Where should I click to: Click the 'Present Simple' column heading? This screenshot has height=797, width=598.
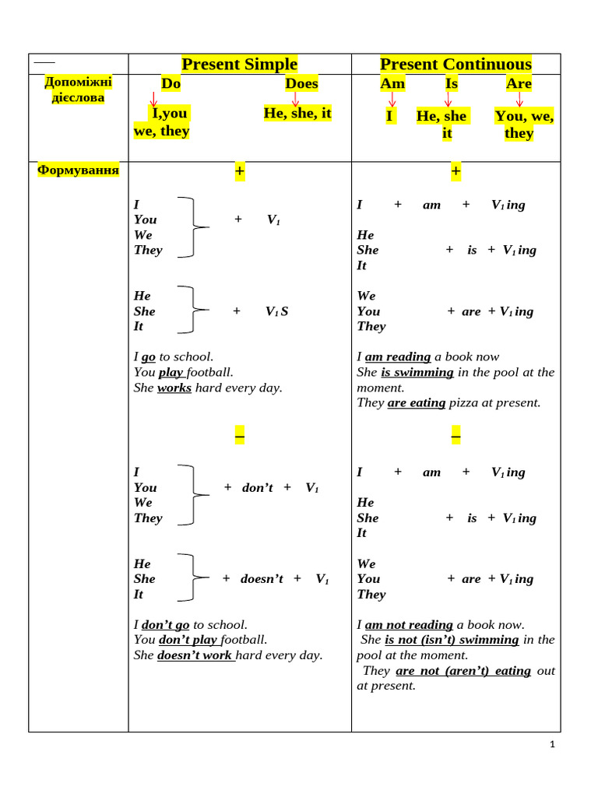pos(239,64)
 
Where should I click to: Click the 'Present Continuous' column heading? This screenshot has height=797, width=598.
pos(456,64)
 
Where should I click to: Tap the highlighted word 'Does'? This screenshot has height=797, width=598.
pos(301,83)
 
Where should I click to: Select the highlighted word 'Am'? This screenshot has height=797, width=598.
pos(392,83)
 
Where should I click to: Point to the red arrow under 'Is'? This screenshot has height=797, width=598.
pos(448,100)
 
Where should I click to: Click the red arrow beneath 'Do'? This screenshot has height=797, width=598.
pos(153,100)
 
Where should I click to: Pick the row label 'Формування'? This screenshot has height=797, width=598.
pos(79,170)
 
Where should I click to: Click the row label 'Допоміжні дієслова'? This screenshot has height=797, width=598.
pos(78,90)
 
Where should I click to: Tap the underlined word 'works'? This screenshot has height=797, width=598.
pos(174,388)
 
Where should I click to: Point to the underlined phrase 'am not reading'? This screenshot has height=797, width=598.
pos(409,624)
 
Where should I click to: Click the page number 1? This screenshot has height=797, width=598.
pos(552,745)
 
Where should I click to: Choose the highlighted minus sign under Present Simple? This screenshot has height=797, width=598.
pos(239,438)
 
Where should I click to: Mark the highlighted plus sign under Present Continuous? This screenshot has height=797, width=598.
pos(456,171)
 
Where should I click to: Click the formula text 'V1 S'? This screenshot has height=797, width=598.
pos(276,311)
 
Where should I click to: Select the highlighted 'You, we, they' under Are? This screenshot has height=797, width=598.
pos(524,125)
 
